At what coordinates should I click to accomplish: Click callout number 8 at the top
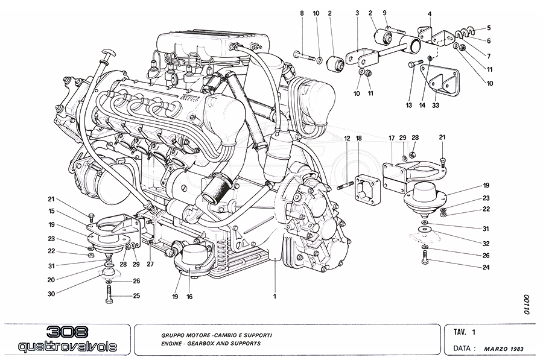[x=302, y=12]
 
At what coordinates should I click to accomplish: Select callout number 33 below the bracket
[x=436, y=106]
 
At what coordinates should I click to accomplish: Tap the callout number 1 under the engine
[x=275, y=297]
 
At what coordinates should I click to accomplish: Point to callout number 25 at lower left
[x=136, y=296]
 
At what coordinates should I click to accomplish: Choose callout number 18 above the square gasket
[x=359, y=139]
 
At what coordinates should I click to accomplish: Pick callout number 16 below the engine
[x=191, y=297]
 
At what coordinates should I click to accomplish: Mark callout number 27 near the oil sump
[x=150, y=264]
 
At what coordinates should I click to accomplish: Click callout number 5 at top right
[x=489, y=28]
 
